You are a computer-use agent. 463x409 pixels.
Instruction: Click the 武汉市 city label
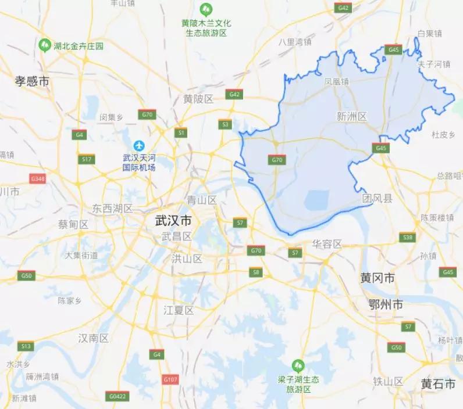[173, 221]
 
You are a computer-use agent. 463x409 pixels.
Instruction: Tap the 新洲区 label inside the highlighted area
[352, 116]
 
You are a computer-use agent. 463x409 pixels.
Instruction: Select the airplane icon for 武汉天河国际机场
[139, 145]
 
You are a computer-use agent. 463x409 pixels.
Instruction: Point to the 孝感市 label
[32, 82]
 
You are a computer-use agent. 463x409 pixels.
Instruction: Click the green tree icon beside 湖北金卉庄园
[44, 45]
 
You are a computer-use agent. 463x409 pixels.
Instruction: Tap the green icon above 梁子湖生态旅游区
[298, 365]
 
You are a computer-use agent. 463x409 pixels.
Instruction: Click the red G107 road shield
[170, 380]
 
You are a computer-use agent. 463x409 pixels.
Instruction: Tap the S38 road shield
[408, 237]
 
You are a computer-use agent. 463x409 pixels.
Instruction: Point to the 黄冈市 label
[377, 279]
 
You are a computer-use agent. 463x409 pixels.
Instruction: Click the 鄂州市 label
[386, 304]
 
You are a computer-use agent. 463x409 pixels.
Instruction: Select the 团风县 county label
[377, 199]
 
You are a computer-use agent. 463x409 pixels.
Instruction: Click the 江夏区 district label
[178, 310]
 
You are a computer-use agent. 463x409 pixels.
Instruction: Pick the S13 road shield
[26, 346]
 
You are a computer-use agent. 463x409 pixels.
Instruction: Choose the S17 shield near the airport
[87, 159]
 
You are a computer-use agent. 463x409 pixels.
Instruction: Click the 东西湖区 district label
[113, 209]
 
